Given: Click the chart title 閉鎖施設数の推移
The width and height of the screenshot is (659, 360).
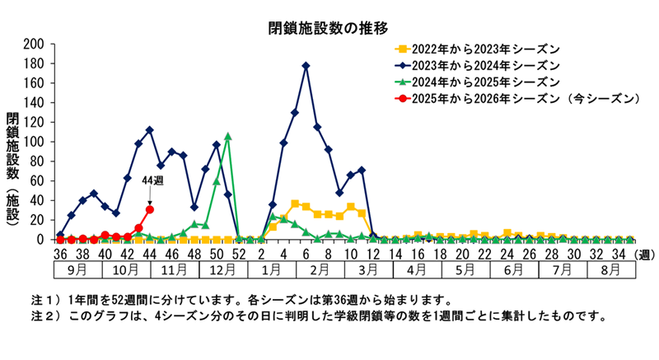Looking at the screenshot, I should point(329,30).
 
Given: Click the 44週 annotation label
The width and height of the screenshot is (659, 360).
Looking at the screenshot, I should point(153,180).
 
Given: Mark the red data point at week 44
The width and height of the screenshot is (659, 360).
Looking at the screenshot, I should point(149,209).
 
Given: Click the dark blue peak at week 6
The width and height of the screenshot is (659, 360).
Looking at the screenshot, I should point(306,65).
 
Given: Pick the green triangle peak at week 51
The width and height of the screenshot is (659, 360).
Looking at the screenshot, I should point(227,137).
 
